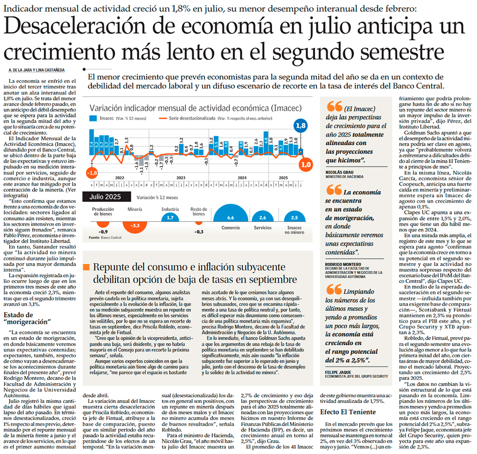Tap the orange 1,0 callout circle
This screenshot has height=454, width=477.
(x=306, y=165)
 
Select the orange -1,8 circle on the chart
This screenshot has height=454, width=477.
(x=91, y=173)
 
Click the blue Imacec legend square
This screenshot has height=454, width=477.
(x=93, y=118)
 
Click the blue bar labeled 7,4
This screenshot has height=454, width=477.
(x=92, y=141)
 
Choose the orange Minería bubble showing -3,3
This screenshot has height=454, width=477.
(x=135, y=225)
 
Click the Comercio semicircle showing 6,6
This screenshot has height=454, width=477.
(x=230, y=215)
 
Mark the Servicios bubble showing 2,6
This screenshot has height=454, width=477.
(x=262, y=216)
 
